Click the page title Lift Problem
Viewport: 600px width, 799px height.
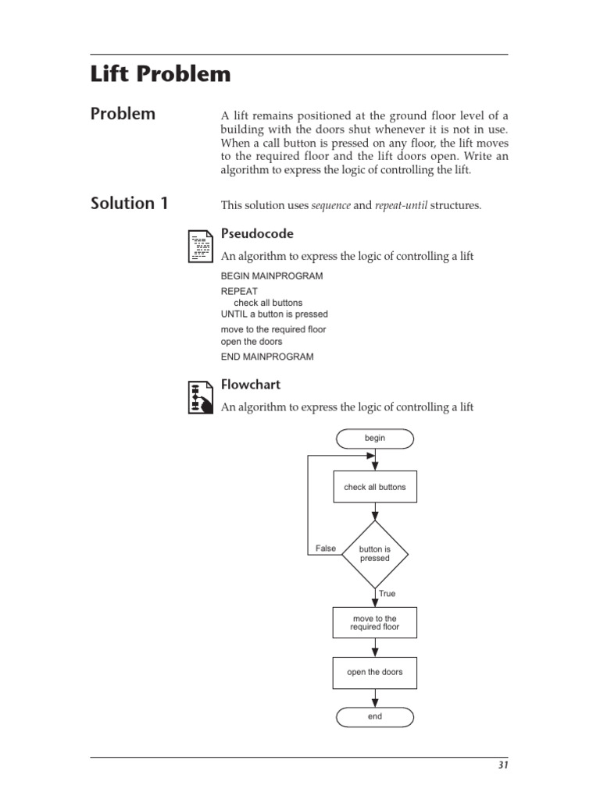161,75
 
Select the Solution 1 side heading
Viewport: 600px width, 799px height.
130,204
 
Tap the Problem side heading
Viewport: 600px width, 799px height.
123,114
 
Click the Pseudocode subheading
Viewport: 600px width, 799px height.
257,233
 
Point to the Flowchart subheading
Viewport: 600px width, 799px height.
250,385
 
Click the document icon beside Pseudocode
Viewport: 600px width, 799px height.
200,245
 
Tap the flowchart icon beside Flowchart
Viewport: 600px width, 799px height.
200,396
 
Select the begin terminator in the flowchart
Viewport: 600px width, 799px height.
375,439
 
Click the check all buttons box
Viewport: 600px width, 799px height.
375,487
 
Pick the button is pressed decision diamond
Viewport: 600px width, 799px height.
375,554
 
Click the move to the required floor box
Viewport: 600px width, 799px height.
375,623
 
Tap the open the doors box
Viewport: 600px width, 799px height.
375,672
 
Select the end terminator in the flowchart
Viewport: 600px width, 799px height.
375,716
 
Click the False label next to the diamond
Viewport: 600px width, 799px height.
326,549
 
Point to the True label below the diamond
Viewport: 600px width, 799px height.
387,594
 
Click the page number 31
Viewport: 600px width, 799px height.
503,765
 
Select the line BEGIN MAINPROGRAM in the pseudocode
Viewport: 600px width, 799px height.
272,276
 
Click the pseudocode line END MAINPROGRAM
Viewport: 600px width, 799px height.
267,357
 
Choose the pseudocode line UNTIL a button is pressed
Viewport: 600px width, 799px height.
274,314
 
